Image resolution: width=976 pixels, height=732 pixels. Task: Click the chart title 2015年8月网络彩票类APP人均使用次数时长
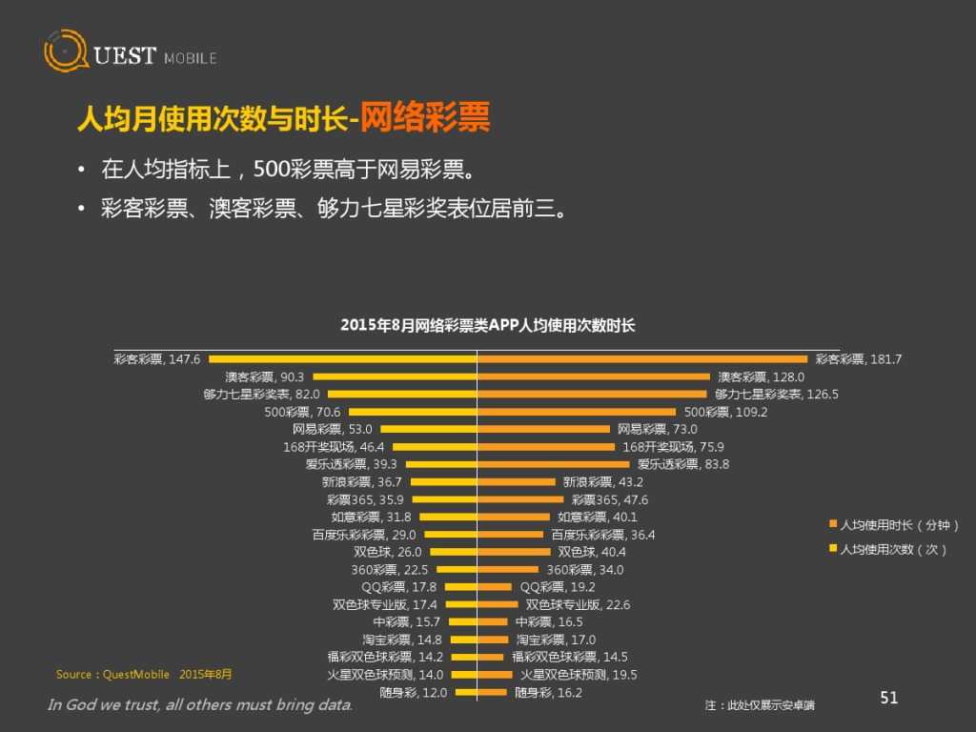coord(487,325)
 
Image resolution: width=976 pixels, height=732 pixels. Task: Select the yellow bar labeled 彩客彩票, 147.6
coord(342,359)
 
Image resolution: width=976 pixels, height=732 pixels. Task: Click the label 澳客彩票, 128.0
coord(761,376)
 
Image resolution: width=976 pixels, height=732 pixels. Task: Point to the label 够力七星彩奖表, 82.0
coord(261,394)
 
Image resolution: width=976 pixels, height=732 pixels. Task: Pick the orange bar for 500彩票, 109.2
coord(579,412)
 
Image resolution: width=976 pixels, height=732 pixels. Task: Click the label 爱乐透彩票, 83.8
coord(683,464)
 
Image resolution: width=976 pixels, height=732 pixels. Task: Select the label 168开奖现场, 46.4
coord(334,446)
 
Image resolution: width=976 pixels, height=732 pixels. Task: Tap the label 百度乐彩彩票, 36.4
coord(603,535)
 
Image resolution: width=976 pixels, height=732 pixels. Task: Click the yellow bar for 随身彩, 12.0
coord(465,693)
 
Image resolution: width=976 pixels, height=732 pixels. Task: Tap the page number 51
coord(888,699)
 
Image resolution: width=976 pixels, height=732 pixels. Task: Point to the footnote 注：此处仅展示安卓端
coord(760,705)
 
